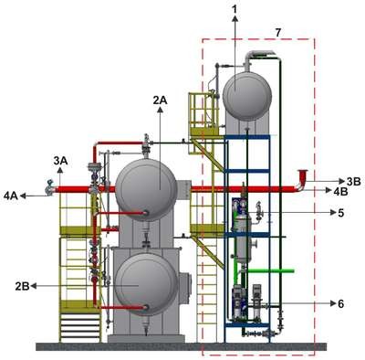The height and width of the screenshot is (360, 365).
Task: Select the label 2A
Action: pyautogui.click(x=160, y=100)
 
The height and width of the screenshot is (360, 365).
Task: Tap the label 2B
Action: pyautogui.click(x=22, y=287)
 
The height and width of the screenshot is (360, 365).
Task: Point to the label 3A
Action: pyautogui.click(x=60, y=161)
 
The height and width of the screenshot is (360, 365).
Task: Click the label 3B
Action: pyautogui.click(x=353, y=182)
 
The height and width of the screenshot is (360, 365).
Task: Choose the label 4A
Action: pyautogui.click(x=11, y=196)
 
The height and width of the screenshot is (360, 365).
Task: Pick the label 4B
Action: pyautogui.click(x=340, y=192)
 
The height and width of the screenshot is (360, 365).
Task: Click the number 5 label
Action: pyautogui.click(x=340, y=213)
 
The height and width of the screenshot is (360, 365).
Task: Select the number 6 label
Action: pyautogui.click(x=340, y=303)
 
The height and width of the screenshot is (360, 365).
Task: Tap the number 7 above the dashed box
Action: pyautogui.click(x=277, y=33)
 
